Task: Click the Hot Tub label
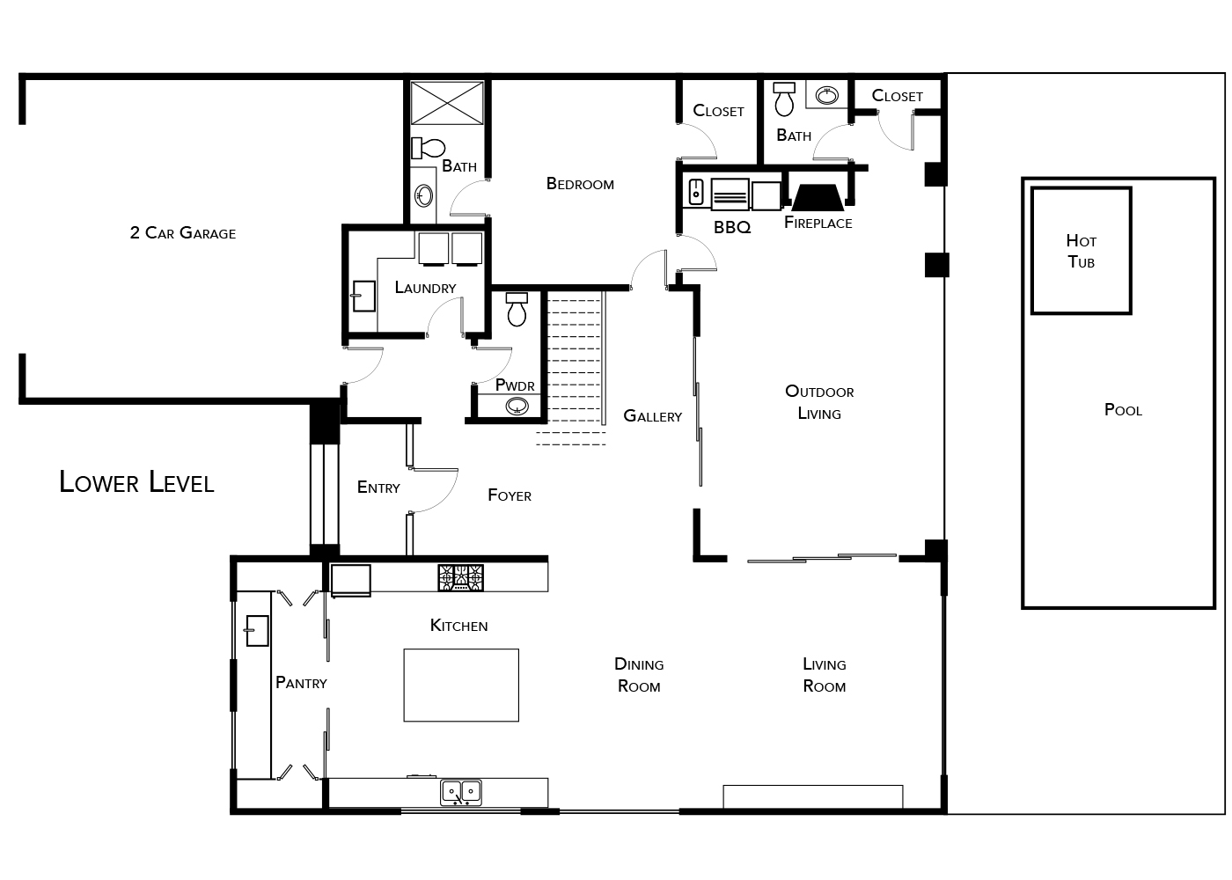[1081, 252]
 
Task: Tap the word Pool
[1123, 410]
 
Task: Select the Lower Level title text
[136, 482]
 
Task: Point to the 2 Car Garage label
[183, 233]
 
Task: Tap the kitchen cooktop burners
[461, 578]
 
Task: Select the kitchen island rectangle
[461, 685]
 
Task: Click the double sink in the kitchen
[461, 793]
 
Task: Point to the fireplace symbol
[818, 198]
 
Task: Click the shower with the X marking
[447, 103]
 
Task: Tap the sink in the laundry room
[363, 296]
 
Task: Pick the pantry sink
[257, 630]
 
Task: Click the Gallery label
[652, 415]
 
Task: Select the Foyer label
[510, 495]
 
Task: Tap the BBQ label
[732, 227]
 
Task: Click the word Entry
[378, 488]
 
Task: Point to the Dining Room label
[639, 675]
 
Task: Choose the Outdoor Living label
[819, 402]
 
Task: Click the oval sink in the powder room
[517, 407]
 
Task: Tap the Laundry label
[425, 287]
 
